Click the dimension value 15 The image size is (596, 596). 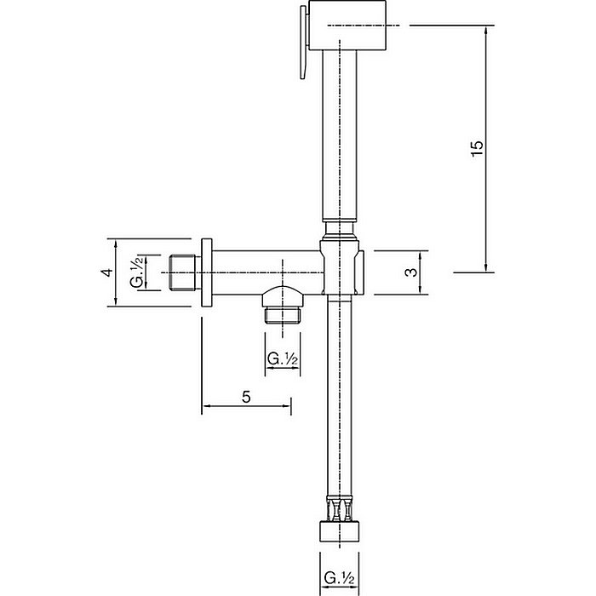tap(477, 147)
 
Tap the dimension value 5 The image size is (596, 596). tap(246, 397)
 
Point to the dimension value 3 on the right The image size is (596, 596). tap(410, 272)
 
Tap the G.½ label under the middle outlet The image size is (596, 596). tap(283, 359)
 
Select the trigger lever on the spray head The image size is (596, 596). tap(301, 47)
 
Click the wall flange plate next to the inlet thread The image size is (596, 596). tap(205, 272)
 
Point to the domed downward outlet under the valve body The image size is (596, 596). tap(283, 296)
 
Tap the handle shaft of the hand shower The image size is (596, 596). tap(339, 136)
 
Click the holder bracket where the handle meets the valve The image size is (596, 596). tap(341, 266)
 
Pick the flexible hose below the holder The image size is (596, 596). tap(340, 400)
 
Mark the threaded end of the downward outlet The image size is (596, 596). tap(283, 317)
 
